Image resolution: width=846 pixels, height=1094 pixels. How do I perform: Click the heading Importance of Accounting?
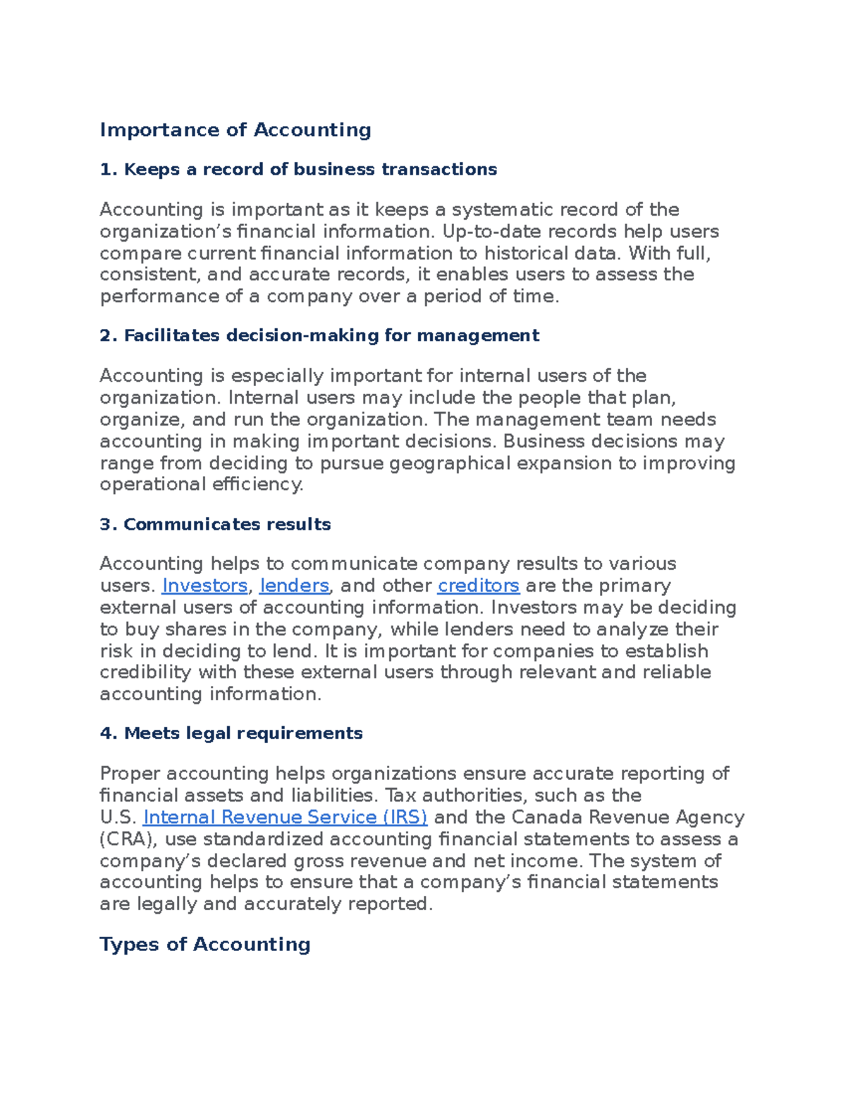(235, 130)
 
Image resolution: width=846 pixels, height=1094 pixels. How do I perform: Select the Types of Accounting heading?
(204, 945)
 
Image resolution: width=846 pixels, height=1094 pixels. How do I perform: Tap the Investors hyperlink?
(204, 586)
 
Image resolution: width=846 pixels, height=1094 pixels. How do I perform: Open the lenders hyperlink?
(294, 586)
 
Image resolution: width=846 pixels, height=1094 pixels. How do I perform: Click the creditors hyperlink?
(479, 586)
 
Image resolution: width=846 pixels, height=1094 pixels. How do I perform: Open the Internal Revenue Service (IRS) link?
(285, 817)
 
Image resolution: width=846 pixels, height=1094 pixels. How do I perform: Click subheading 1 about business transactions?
(298, 170)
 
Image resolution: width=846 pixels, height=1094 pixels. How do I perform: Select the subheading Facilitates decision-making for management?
(319, 336)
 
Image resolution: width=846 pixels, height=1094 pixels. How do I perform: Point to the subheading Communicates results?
(215, 525)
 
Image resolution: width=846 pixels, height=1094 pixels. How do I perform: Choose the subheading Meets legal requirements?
(231, 734)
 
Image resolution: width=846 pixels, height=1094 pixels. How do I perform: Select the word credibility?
(145, 673)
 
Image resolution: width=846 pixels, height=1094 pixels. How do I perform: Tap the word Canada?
(547, 817)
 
